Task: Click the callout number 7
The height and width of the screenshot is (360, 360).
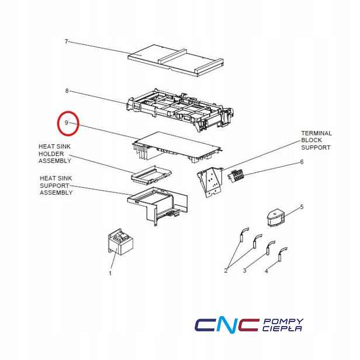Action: click(x=67, y=41)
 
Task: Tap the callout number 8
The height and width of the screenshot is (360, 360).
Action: click(x=67, y=91)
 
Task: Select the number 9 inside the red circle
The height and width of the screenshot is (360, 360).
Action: click(x=67, y=123)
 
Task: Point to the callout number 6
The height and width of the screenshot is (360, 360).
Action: click(x=302, y=162)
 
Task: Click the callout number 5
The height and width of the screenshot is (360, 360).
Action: click(x=302, y=207)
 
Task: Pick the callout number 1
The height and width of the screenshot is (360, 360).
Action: click(x=110, y=274)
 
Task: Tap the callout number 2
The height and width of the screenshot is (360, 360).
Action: click(x=226, y=271)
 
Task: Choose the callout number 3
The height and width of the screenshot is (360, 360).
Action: click(x=244, y=271)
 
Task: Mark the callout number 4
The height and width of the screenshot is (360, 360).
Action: click(x=266, y=271)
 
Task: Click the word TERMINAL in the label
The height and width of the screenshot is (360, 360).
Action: click(x=316, y=133)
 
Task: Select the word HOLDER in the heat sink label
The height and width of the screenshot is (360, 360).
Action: click(x=51, y=154)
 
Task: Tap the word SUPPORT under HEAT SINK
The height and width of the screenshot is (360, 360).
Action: click(x=54, y=185)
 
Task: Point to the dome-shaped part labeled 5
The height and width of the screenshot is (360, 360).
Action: click(x=276, y=218)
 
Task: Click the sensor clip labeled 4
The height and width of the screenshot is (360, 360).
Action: click(x=282, y=254)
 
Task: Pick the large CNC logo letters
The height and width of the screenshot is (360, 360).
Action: click(x=227, y=325)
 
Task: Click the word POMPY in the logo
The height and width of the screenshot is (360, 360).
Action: click(x=283, y=321)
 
